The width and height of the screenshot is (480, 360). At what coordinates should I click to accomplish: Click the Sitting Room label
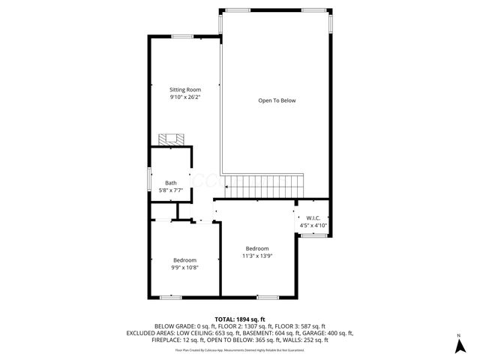pyautogui.click(x=185, y=90)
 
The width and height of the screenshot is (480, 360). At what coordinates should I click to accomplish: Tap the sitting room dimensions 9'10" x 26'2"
pyautogui.click(x=185, y=97)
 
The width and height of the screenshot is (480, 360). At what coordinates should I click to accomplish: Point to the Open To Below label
pyautogui.click(x=277, y=100)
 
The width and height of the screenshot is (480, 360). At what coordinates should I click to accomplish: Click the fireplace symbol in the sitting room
pyautogui.click(x=171, y=139)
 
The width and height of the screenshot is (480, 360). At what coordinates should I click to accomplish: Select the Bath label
pyautogui.click(x=171, y=183)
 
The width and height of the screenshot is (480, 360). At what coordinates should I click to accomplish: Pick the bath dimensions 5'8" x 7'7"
pyautogui.click(x=171, y=190)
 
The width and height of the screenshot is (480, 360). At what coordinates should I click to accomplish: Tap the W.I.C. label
pyautogui.click(x=313, y=217)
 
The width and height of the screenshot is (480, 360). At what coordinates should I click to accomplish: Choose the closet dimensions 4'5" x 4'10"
pyautogui.click(x=313, y=225)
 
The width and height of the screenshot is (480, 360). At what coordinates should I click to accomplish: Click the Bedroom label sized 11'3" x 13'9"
pyautogui.click(x=257, y=248)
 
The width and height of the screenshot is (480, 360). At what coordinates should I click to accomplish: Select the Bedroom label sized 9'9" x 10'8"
pyautogui.click(x=184, y=259)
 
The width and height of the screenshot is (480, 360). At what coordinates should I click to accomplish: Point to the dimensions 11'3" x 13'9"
pyautogui.click(x=257, y=256)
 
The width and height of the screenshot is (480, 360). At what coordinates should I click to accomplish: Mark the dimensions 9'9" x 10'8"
pyautogui.click(x=184, y=267)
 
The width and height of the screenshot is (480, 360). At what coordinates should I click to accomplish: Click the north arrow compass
pyautogui.click(x=458, y=344)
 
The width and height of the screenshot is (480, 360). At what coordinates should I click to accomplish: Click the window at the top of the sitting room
pyautogui.click(x=182, y=36)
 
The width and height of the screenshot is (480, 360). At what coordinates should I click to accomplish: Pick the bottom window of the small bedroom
pyautogui.click(x=170, y=298)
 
